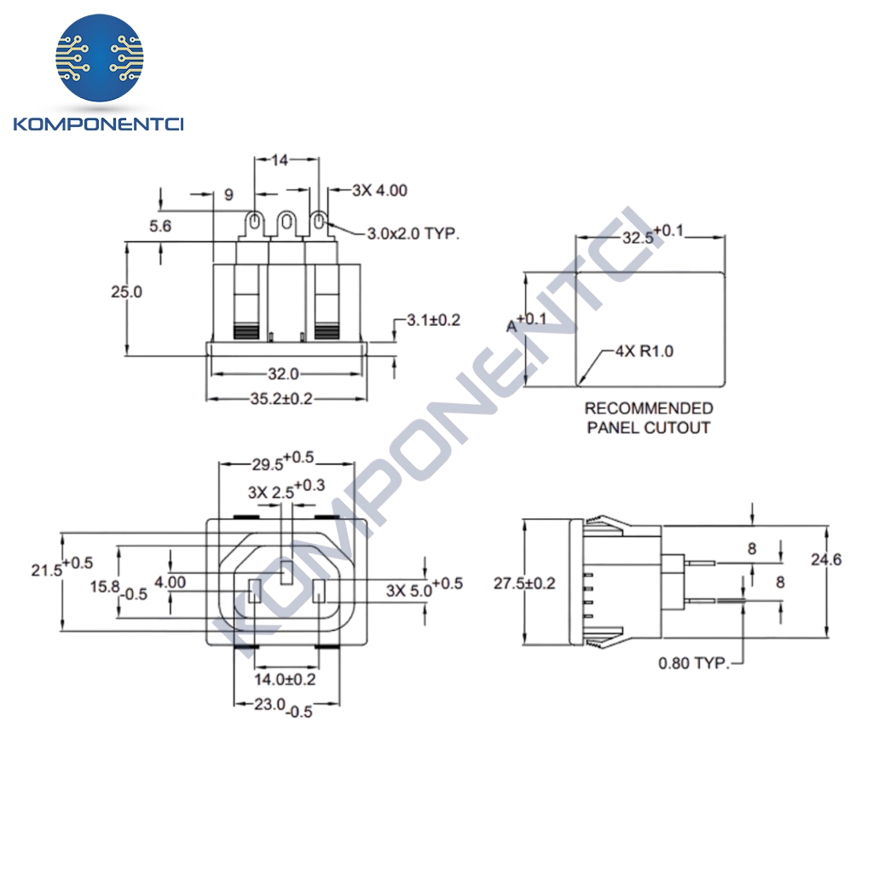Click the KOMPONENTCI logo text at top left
[99, 125]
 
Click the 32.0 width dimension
[283, 373]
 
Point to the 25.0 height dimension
[126, 292]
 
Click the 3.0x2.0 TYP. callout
[413, 233]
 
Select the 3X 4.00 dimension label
[379, 190]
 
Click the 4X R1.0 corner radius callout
[645, 350]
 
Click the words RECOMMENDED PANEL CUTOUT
[648, 418]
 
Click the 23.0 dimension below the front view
[274, 707]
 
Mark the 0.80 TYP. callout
[693, 662]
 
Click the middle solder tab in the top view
[285, 224]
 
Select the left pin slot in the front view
[254, 591]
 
